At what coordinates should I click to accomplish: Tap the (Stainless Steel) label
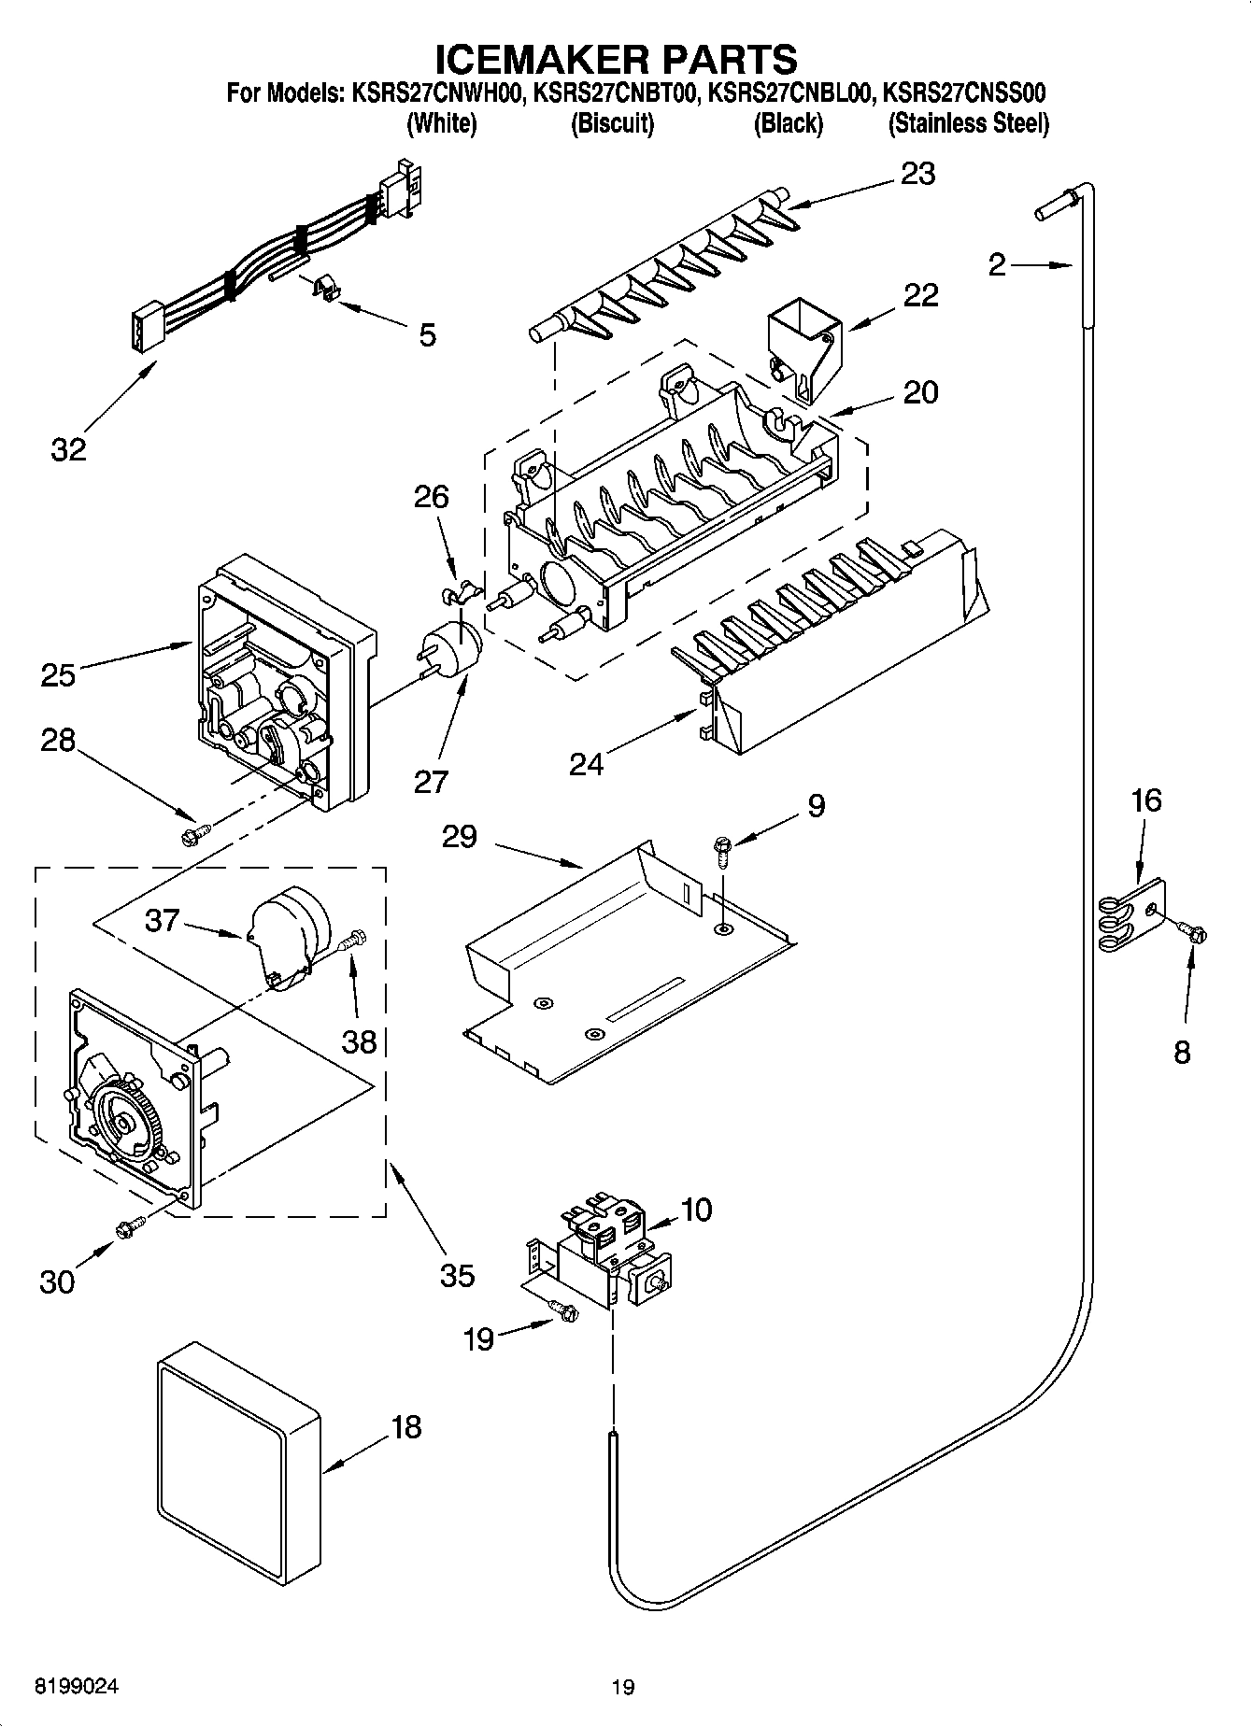(x=968, y=123)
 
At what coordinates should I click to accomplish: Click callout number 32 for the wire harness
(x=68, y=449)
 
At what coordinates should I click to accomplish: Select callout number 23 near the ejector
(x=917, y=174)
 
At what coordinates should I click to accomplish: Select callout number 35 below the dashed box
(x=457, y=1275)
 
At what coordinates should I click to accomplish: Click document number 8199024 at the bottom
(x=78, y=1686)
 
